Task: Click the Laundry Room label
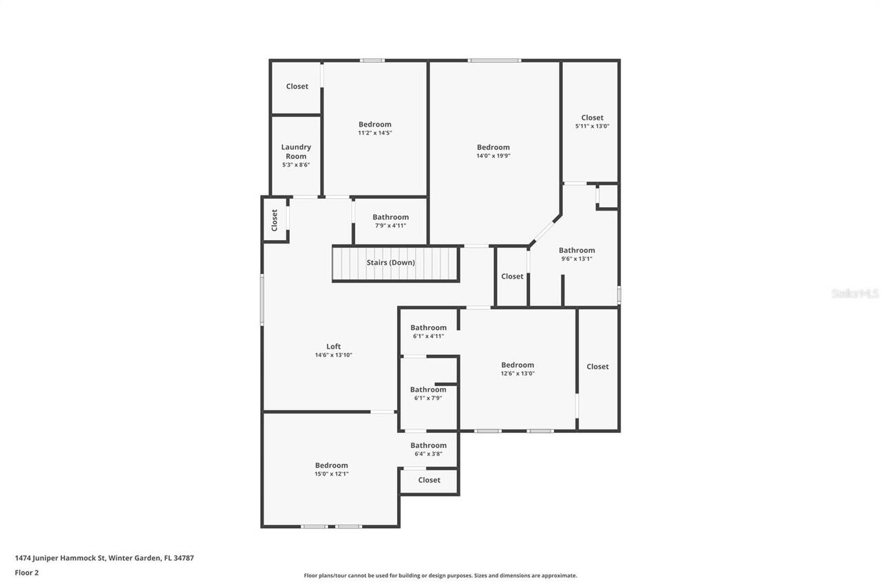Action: click(x=296, y=151)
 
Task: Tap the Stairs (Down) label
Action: click(x=390, y=262)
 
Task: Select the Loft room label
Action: click(x=333, y=347)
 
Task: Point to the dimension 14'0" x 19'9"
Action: click(x=493, y=156)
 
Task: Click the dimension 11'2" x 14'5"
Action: click(x=374, y=133)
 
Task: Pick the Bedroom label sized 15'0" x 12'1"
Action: click(x=331, y=465)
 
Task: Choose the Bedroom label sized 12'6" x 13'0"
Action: click(x=517, y=365)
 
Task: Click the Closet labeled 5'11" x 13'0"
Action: click(x=592, y=118)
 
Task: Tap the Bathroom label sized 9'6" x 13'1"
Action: click(x=576, y=250)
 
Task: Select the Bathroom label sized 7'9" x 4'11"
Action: click(x=390, y=217)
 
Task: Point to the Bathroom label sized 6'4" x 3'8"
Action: click(x=428, y=445)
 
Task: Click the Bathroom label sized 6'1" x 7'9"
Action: click(x=428, y=389)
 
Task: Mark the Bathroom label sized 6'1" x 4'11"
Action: click(x=428, y=328)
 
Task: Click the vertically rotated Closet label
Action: click(x=274, y=220)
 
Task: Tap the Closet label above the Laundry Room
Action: click(x=297, y=87)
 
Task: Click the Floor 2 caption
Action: click(x=27, y=572)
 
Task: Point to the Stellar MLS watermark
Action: click(x=855, y=293)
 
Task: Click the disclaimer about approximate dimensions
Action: click(x=440, y=575)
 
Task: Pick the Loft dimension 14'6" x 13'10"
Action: click(x=333, y=355)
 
